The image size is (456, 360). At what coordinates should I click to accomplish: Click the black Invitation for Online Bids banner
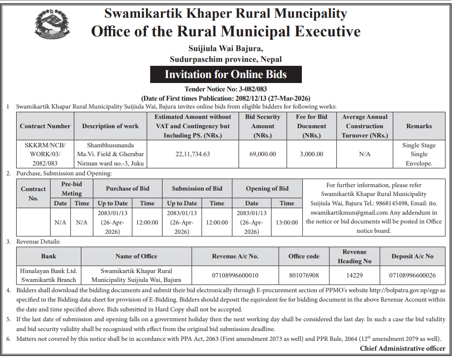coord(225,75)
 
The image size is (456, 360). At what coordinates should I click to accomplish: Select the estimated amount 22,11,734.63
coord(192,154)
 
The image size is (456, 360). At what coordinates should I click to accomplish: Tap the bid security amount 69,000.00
coord(263,154)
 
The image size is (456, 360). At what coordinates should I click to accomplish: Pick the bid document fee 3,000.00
coord(311,154)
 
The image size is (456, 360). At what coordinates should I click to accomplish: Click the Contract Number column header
coord(45,126)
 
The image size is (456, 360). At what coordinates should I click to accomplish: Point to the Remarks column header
coord(419,126)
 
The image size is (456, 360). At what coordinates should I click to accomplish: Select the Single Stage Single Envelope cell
coord(419,154)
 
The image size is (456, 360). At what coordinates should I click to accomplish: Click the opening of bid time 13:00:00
coord(287,222)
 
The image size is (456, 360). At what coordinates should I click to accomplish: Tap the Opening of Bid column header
coord(267,189)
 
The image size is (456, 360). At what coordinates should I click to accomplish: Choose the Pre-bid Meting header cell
coord(72,189)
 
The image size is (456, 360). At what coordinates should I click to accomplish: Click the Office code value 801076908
coord(304,275)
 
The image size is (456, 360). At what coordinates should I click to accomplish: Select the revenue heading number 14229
coord(354,275)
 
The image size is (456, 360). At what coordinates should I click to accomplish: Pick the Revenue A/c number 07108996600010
coord(235,275)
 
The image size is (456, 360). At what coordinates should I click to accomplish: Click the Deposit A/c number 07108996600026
coord(412,275)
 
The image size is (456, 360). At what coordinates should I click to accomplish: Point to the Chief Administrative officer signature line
coord(402,348)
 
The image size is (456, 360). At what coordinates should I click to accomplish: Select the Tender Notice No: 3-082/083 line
coord(225,89)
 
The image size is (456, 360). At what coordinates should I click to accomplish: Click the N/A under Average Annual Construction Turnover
coord(365,154)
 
